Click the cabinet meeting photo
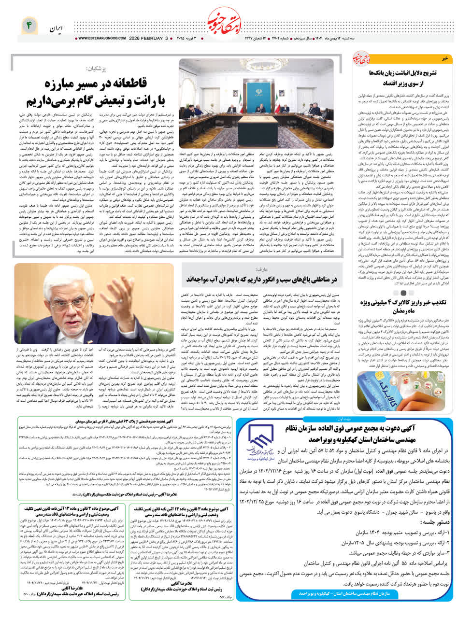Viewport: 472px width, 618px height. click(x=256, y=92)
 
